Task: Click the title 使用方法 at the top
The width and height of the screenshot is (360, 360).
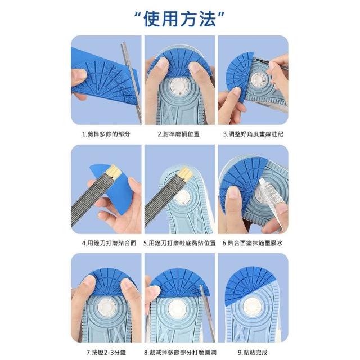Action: click(x=179, y=19)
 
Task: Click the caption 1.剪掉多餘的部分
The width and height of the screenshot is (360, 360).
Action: click(x=106, y=134)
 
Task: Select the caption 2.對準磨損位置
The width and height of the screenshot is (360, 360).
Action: click(x=179, y=134)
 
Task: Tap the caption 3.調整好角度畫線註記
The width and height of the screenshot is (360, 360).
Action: click(x=253, y=134)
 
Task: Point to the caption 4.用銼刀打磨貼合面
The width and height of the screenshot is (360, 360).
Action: click(x=109, y=243)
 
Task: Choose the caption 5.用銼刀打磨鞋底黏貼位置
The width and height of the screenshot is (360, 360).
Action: click(x=179, y=243)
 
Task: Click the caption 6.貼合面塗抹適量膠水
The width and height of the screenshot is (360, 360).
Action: click(x=253, y=243)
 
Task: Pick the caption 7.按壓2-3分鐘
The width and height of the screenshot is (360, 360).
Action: click(x=106, y=353)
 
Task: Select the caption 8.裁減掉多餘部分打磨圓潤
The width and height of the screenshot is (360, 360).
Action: click(x=180, y=353)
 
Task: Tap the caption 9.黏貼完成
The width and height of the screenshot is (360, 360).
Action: click(x=253, y=353)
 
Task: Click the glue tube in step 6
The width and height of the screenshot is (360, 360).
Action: click(x=272, y=202)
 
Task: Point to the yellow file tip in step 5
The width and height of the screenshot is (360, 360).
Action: click(x=186, y=174)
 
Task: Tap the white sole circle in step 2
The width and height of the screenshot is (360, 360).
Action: click(x=180, y=86)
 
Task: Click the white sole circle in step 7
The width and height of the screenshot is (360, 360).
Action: click(x=106, y=307)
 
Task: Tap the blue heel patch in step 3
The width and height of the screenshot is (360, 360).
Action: click(x=238, y=76)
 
